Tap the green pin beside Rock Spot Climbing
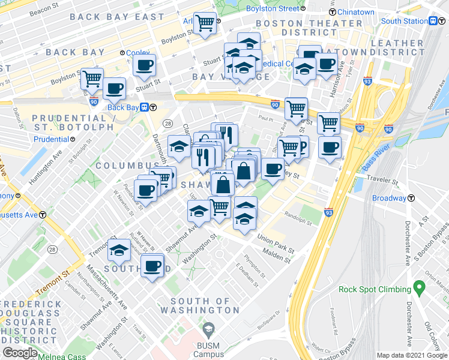(417, 289)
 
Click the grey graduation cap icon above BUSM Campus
(208, 329)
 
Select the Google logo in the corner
(20, 353)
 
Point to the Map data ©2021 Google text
(411, 355)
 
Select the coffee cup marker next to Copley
(144, 65)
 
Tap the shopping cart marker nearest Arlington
(205, 23)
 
